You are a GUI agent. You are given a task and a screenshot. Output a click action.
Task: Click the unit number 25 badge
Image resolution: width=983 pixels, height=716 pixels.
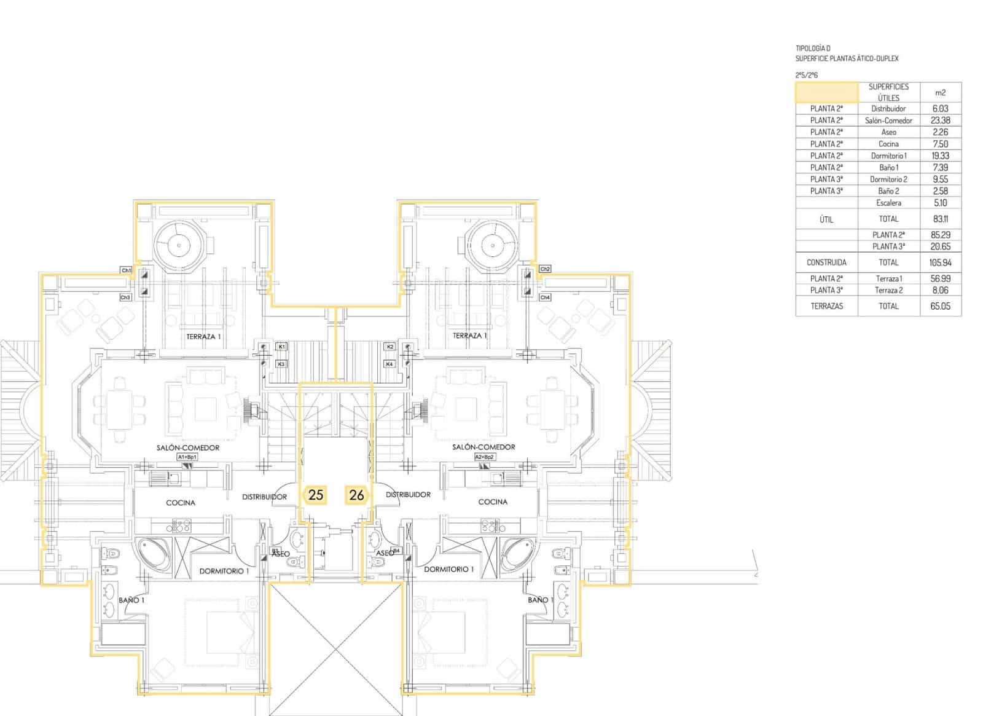[x=316, y=495]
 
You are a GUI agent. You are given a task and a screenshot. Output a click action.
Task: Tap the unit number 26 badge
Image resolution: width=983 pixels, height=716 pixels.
[x=356, y=495]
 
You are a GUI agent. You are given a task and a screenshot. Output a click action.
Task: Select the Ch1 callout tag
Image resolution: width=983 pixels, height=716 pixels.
[x=126, y=270]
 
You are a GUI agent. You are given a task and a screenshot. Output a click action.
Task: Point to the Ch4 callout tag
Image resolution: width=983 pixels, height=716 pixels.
[x=545, y=297]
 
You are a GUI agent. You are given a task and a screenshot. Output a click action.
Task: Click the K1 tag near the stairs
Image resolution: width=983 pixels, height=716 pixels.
[x=281, y=347]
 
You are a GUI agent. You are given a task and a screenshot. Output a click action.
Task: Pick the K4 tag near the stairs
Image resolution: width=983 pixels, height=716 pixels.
[x=390, y=364]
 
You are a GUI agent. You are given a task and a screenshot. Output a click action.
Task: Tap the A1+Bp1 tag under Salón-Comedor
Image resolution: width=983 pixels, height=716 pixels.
[x=187, y=457]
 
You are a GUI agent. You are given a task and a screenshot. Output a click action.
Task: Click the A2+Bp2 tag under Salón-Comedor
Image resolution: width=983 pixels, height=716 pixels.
[x=485, y=457]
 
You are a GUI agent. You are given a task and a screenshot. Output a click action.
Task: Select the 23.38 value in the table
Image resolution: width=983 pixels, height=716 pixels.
[x=940, y=120]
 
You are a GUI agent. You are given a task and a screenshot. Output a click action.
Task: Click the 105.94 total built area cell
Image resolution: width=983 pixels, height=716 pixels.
[x=940, y=262]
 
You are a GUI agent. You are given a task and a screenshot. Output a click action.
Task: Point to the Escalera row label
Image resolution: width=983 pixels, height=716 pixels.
[x=888, y=203]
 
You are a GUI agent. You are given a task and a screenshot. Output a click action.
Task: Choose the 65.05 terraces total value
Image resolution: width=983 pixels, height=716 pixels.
[x=940, y=306]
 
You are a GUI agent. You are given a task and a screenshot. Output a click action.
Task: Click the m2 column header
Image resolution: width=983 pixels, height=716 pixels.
[x=940, y=93]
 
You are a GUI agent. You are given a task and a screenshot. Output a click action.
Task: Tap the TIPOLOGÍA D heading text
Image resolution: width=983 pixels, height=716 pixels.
[x=813, y=49]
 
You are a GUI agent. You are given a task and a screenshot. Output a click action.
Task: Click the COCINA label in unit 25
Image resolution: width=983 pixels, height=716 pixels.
[x=181, y=503]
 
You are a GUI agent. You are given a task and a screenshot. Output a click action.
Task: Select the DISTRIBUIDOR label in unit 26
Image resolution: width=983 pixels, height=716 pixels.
[x=408, y=495]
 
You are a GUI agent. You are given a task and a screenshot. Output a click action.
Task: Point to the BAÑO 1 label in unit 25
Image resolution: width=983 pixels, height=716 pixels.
[x=131, y=600]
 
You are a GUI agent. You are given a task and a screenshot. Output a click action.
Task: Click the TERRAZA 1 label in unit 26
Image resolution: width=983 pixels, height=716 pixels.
[x=469, y=336]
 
